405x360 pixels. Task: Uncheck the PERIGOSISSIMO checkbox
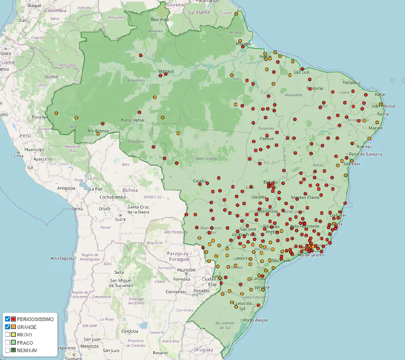click(x=7, y=319)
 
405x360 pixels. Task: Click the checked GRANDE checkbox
click(x=7, y=327)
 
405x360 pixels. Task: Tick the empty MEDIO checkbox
click(x=7, y=335)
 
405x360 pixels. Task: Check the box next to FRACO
click(x=7, y=342)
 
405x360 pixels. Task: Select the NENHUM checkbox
click(x=7, y=350)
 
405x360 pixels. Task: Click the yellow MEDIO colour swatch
click(x=14, y=335)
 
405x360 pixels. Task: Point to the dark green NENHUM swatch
click(x=14, y=350)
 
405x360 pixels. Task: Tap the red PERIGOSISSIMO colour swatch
click(x=14, y=319)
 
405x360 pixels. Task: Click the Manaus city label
click(x=166, y=71)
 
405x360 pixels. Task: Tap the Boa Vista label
click(x=160, y=20)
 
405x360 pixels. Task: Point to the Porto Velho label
click(x=132, y=120)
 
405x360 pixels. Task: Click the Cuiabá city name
click(x=200, y=181)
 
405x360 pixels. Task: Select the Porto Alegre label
click(x=255, y=320)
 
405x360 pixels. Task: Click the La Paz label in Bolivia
click(x=95, y=189)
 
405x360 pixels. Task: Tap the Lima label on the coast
click(x=18, y=156)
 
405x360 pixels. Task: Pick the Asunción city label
click(x=186, y=270)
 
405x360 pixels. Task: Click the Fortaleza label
click(x=352, y=82)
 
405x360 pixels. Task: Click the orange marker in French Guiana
click(x=236, y=14)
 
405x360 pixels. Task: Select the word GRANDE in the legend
click(x=27, y=327)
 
